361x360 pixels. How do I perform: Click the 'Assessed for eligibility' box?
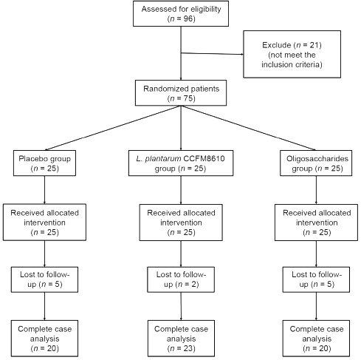[181, 13]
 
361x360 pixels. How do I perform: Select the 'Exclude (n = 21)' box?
[292, 54]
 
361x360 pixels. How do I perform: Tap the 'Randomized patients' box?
[181, 93]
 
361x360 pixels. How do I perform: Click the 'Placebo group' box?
[44, 163]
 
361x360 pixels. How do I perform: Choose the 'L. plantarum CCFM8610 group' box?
[181, 163]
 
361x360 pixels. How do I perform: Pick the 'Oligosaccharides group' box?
[316, 163]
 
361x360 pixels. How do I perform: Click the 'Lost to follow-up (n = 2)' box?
[181, 279]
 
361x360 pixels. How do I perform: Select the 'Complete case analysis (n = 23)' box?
[181, 339]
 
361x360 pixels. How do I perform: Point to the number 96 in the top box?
[188, 18]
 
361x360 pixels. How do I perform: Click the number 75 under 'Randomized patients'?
[188, 98]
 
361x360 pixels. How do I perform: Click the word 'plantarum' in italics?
[163, 159]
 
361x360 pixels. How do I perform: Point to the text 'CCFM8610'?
[204, 158]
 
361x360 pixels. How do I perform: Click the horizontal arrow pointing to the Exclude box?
[212, 53]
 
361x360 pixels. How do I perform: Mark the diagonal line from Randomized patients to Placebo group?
[113, 128]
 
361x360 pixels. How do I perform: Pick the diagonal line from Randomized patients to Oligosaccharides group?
[248, 128]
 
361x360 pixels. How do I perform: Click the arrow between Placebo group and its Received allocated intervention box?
[44, 190]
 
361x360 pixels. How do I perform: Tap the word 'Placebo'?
[31, 158]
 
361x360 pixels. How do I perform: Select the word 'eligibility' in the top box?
[205, 10]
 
